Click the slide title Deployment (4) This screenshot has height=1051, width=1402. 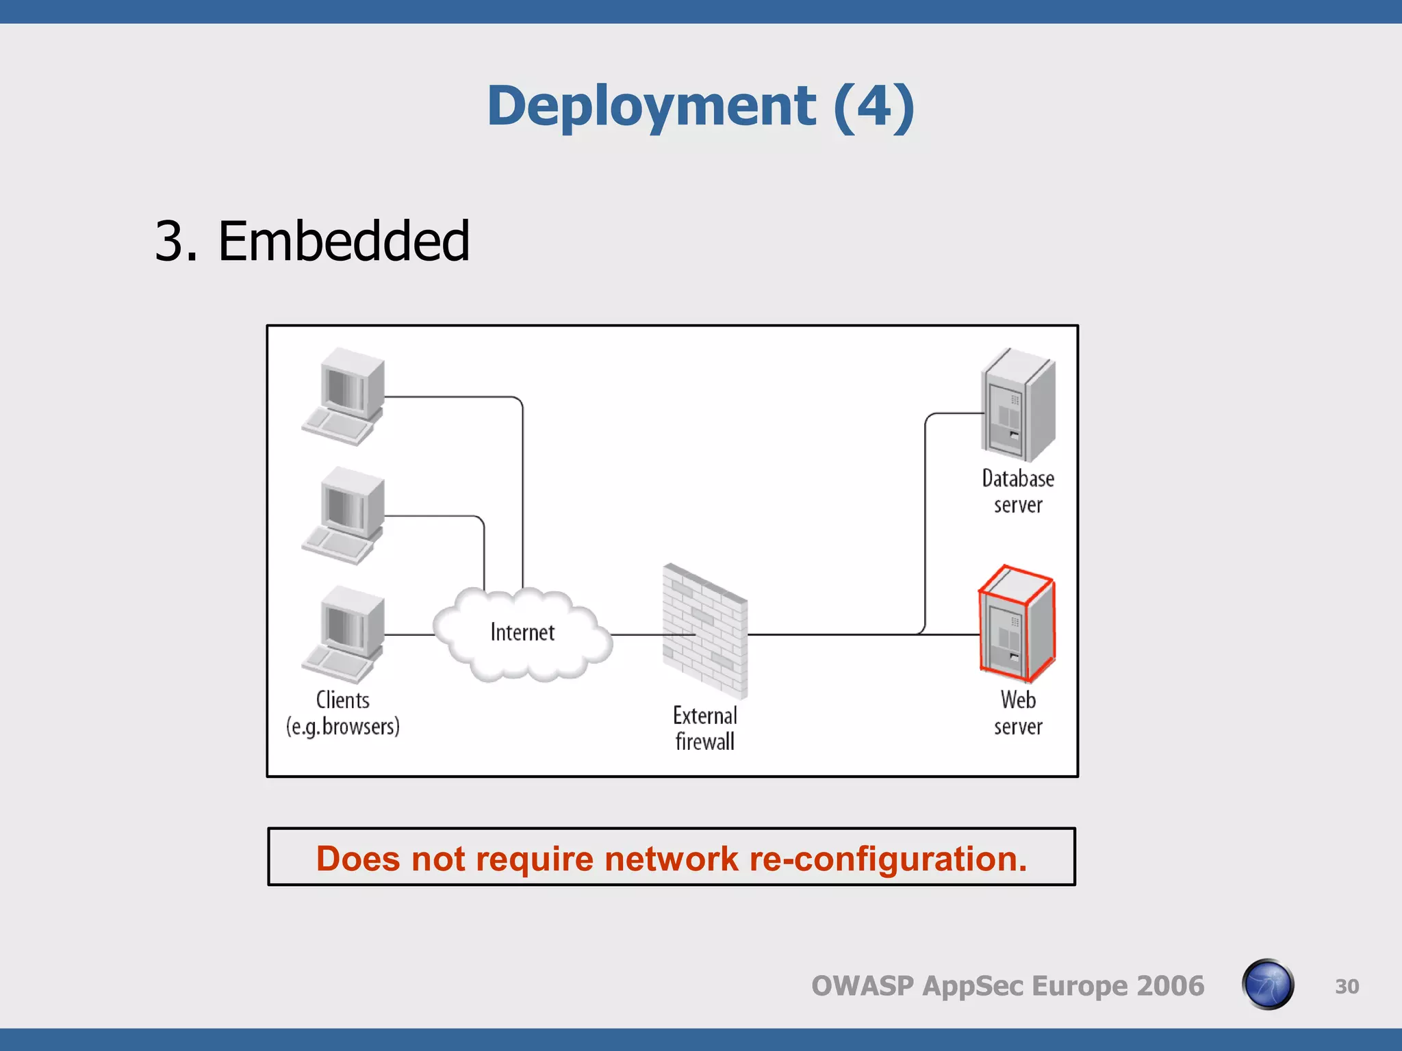[700, 106]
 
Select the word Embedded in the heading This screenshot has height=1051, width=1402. [343, 242]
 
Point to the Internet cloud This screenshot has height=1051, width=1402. [522, 634]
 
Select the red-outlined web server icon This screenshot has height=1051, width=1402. [1017, 624]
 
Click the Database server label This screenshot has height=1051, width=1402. [1018, 491]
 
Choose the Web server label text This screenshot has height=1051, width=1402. [1018, 713]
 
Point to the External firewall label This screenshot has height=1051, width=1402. [705, 729]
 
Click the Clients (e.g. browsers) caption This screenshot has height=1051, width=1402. [343, 713]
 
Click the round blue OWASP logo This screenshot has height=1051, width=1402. [1268, 985]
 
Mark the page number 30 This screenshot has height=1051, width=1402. [1347, 986]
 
